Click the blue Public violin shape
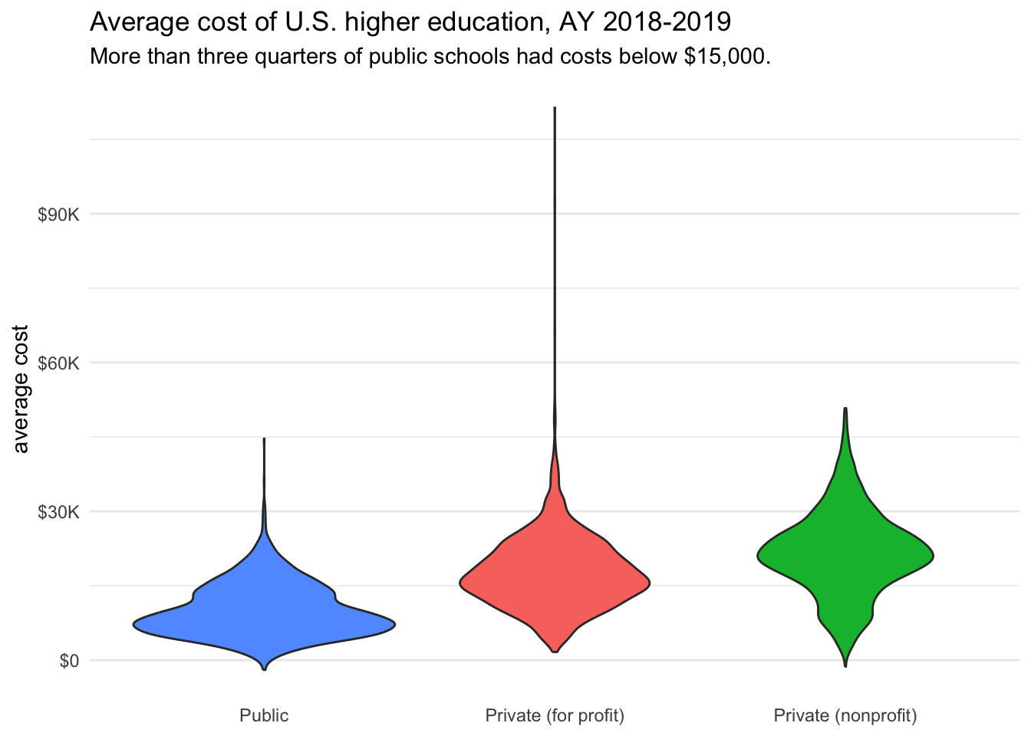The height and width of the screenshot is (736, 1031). click(264, 613)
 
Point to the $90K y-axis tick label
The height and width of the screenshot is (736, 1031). click(59, 215)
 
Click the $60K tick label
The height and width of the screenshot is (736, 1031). click(59, 363)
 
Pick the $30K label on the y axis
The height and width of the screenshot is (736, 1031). click(59, 512)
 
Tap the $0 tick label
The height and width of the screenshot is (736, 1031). click(69, 661)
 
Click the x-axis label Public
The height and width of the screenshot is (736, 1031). click(264, 716)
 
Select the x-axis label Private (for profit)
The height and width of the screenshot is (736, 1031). click(555, 716)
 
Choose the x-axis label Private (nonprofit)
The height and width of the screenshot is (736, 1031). click(845, 716)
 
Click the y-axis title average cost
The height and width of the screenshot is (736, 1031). click(21, 389)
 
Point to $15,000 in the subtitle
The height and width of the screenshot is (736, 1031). click(726, 57)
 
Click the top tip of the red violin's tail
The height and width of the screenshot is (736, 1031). click(555, 109)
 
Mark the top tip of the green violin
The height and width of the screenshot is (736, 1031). click(845, 409)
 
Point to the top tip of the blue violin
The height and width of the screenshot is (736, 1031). click(264, 439)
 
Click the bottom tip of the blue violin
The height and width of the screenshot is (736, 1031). click(264, 669)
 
